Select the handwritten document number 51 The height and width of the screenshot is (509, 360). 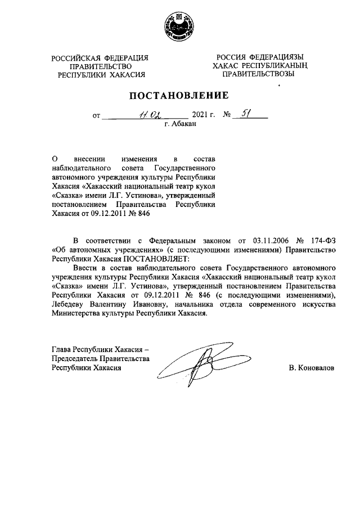245,114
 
